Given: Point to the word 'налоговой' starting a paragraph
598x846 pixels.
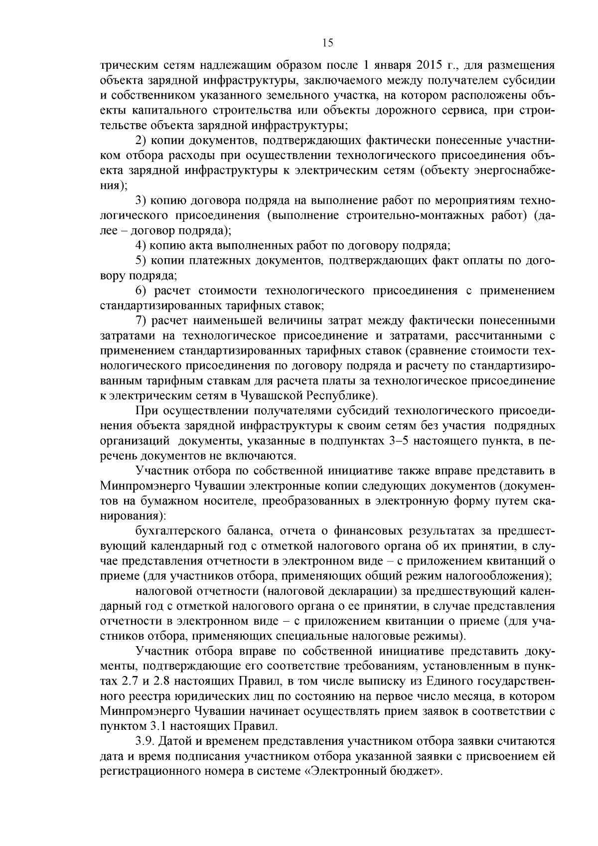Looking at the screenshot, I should coord(161,591).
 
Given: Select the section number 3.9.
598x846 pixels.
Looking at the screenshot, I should coord(145,741).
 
